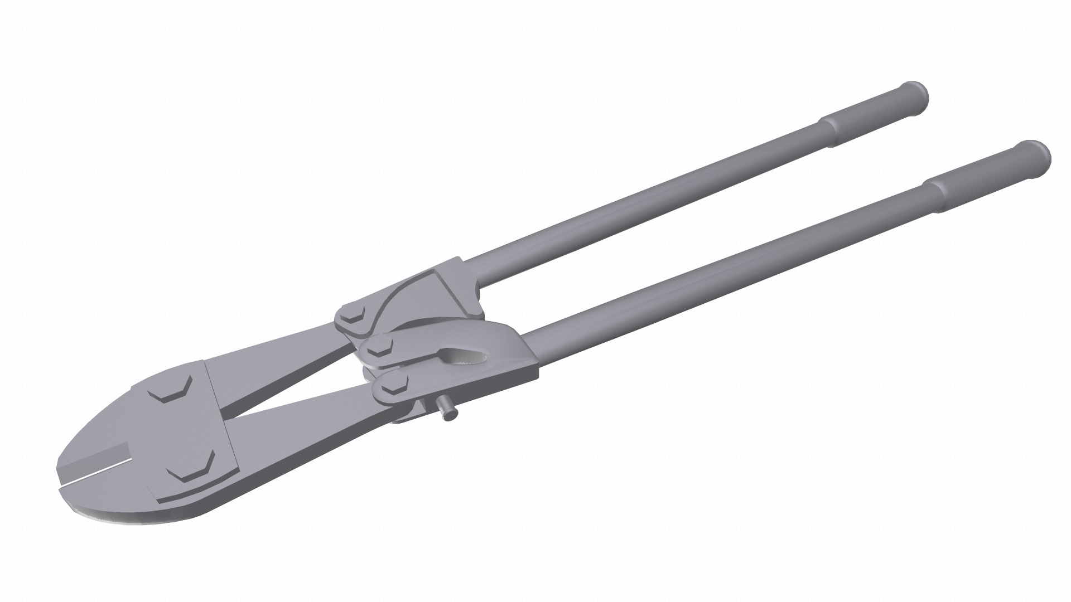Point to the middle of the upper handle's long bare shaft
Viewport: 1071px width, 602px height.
[641, 201]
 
